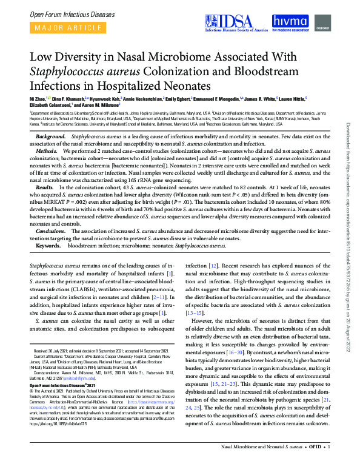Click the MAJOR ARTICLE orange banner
[x=61, y=27]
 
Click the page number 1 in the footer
[x=328, y=463]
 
